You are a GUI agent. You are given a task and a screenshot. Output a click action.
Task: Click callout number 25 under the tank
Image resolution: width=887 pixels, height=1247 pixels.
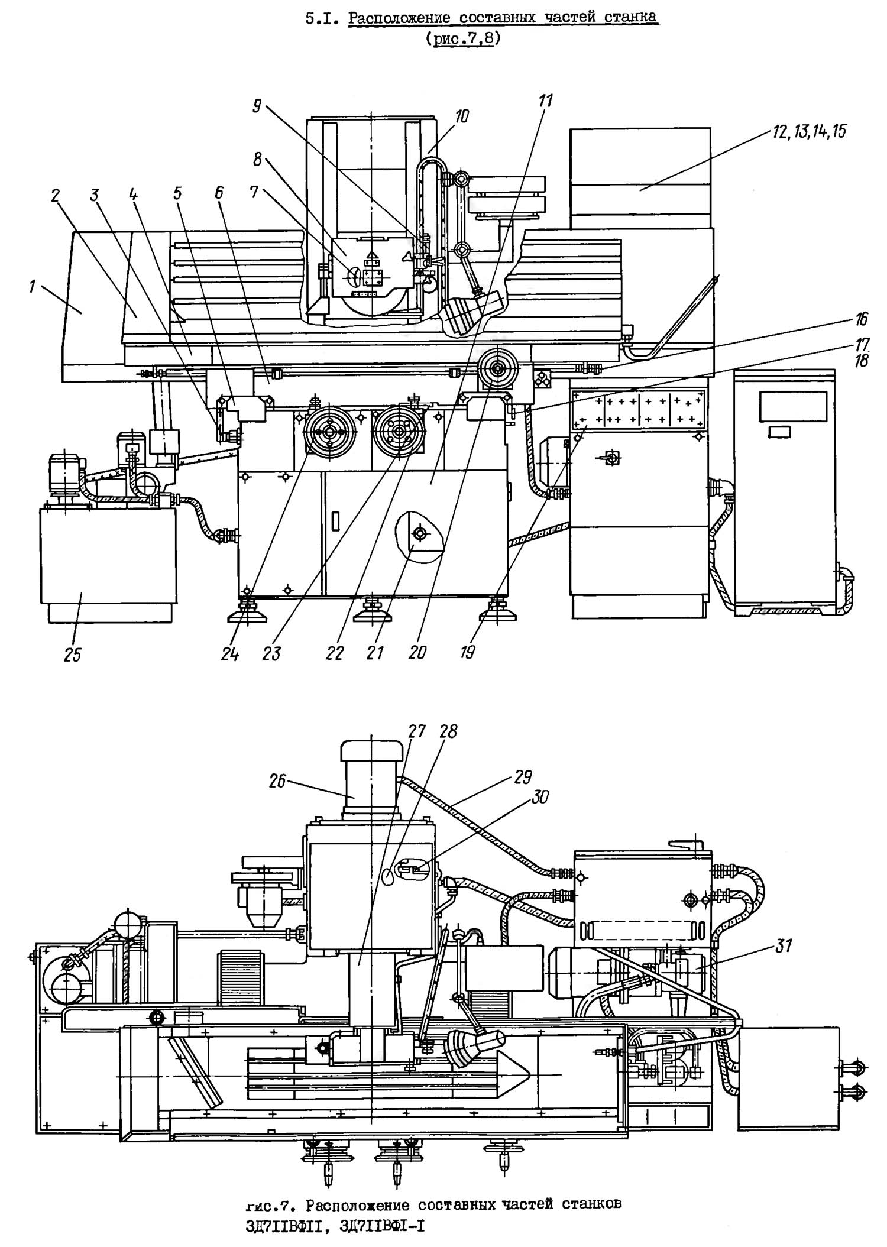coord(72,655)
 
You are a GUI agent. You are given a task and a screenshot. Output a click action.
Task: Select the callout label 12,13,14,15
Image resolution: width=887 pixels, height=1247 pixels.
coord(809,132)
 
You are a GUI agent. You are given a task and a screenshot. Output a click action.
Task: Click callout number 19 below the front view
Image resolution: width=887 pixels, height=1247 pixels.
coord(468,653)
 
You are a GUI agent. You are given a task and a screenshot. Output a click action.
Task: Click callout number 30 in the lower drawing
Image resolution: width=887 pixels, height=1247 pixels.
coord(540,798)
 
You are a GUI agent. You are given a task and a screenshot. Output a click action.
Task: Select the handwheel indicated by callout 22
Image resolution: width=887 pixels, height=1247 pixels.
coord(398,432)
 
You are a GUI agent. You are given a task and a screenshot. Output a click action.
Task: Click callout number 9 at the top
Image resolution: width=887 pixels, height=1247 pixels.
coord(257,106)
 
